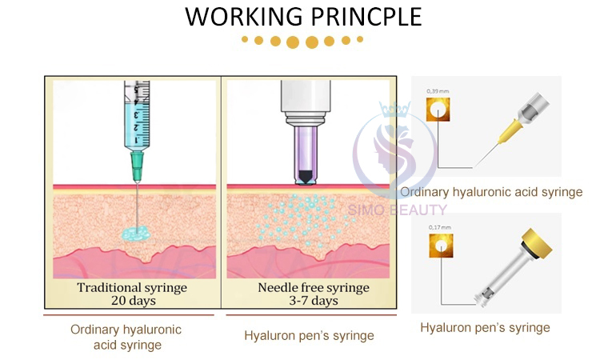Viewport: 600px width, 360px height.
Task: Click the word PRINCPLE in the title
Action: point(366,16)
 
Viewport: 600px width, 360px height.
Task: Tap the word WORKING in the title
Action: point(237,16)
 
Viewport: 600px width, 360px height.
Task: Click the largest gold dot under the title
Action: point(294,42)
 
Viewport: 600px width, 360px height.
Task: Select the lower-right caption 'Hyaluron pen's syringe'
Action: point(485,327)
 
